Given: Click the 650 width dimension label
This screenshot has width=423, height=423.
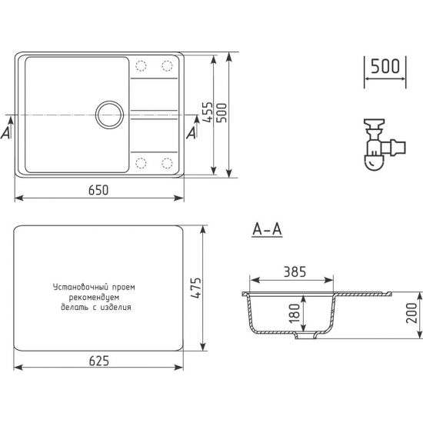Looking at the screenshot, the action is [x=98, y=190].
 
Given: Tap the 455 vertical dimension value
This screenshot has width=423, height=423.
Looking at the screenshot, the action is [x=208, y=112].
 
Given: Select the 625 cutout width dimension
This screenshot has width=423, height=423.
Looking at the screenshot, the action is [x=99, y=361].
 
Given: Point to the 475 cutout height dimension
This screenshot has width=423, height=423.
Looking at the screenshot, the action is [x=196, y=288].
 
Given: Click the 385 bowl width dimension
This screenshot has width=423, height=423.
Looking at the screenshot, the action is [x=295, y=271].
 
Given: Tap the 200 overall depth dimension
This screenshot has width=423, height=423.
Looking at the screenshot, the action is [x=411, y=313].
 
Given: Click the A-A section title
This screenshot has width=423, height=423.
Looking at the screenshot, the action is [x=267, y=230].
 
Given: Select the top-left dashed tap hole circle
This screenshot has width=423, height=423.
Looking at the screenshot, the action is [x=141, y=66].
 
